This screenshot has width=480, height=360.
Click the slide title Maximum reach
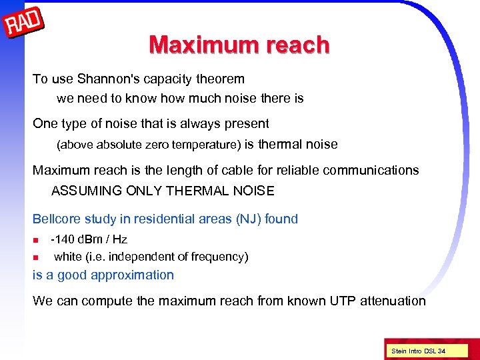coord(239,45)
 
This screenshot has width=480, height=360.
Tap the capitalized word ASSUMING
coord(82,191)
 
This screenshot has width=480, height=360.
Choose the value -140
coord(63,239)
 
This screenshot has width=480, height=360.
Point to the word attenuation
coord(393,301)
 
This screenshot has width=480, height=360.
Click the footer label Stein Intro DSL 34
coord(418,351)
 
